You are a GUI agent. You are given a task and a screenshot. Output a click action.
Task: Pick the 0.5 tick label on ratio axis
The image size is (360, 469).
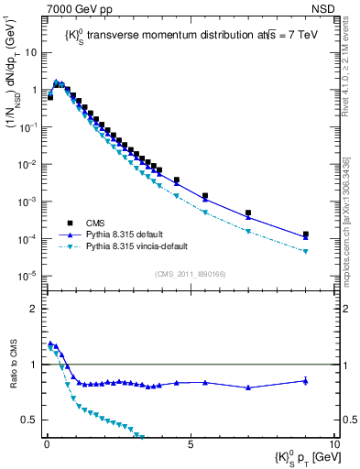(x=29, y=420)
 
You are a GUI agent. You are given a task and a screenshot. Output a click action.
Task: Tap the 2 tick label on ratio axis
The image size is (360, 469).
(x=35, y=309)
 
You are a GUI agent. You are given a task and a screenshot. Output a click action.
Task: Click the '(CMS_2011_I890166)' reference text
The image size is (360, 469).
(x=190, y=274)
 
